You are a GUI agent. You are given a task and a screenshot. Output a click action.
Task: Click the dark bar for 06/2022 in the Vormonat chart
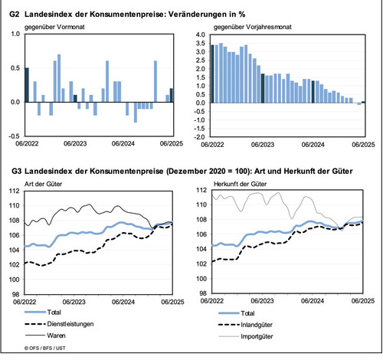[27, 85]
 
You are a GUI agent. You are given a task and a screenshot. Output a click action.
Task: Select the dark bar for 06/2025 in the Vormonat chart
[172, 95]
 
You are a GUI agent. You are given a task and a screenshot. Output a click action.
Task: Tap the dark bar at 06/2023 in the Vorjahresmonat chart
[263, 88]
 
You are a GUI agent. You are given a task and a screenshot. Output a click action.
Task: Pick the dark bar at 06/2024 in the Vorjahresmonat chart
[313, 92]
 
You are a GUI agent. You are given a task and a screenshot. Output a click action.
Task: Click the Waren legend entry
[45, 335]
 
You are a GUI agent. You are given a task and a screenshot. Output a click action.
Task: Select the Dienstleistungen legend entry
[59, 324]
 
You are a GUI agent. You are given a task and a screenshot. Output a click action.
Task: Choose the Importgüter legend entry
[246, 336]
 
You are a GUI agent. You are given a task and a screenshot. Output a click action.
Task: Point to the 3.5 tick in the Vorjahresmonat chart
[201, 43]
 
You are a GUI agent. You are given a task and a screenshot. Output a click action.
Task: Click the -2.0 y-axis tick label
[200, 137]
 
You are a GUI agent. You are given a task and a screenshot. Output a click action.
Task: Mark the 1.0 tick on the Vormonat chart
[15, 34]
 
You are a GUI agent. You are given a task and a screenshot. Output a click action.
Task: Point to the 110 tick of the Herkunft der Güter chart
[201, 205]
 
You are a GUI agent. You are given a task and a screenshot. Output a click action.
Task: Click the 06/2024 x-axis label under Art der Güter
[123, 302]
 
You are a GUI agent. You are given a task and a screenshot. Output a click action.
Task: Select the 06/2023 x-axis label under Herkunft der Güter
[262, 301]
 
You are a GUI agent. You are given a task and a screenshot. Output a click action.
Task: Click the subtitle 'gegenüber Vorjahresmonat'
[253, 27]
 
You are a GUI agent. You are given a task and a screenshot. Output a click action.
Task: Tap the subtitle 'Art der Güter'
[43, 184]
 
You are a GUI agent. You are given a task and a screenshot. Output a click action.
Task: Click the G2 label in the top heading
[15, 15]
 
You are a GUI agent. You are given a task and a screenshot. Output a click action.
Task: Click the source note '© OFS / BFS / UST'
[45, 348]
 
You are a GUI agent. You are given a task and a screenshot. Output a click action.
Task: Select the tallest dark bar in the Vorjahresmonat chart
[212, 74]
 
